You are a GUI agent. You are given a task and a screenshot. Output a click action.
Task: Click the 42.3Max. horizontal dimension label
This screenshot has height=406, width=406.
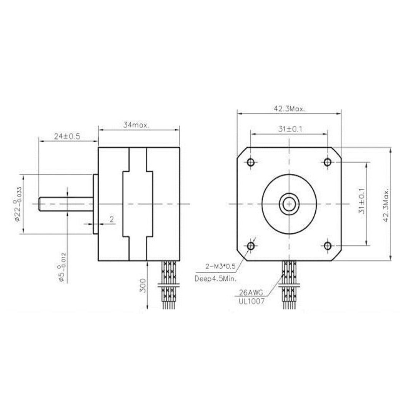point(289,109)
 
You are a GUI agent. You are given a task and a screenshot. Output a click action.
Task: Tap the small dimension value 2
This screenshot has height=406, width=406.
point(112,219)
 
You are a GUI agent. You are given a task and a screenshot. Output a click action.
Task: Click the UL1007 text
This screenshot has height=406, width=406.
point(250,301)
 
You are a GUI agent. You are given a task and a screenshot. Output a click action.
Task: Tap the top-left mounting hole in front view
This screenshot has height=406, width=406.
point(251,162)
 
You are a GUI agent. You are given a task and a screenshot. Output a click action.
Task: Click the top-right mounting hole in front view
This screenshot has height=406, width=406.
point(328,162)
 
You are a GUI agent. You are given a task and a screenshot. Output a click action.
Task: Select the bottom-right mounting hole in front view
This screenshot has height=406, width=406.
point(328,245)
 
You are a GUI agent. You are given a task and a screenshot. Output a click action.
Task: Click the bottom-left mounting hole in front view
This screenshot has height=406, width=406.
point(251,245)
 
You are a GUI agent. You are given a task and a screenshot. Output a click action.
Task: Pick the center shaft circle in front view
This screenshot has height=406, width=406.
point(289,204)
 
